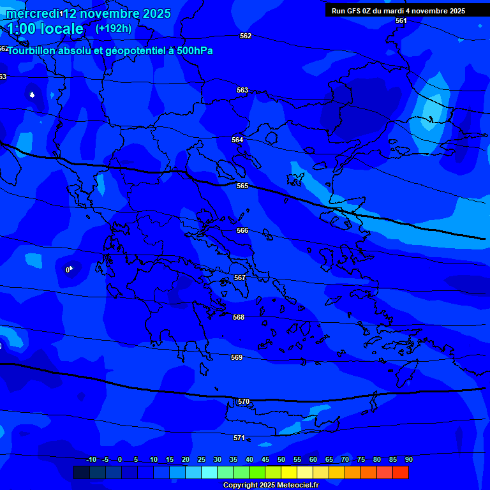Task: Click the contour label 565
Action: point(242,186)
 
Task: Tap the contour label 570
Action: point(244,401)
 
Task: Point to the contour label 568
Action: point(239,317)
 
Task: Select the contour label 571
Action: point(239,438)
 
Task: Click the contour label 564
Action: point(237,140)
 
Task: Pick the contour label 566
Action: point(242,230)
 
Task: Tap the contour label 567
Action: point(240,278)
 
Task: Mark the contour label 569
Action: point(237,357)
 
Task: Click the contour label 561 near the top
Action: point(401,20)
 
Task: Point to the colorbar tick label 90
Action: point(408,459)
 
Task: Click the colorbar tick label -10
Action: point(91,459)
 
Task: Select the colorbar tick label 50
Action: point(281,459)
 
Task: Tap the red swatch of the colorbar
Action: point(400,472)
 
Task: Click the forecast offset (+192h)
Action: point(114,28)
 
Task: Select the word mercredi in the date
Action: point(31,13)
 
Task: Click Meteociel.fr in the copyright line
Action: point(292,485)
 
